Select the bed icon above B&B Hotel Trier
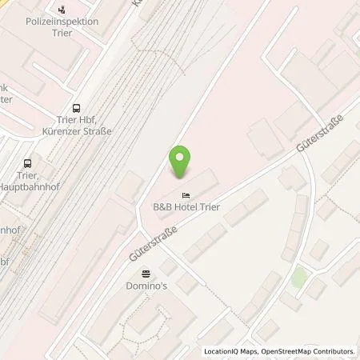pyautogui.click(x=186, y=195)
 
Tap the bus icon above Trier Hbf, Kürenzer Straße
pyautogui.click(x=76, y=109)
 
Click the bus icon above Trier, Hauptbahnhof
pyautogui.click(x=27, y=162)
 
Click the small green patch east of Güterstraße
pyautogui.click(x=298, y=278)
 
